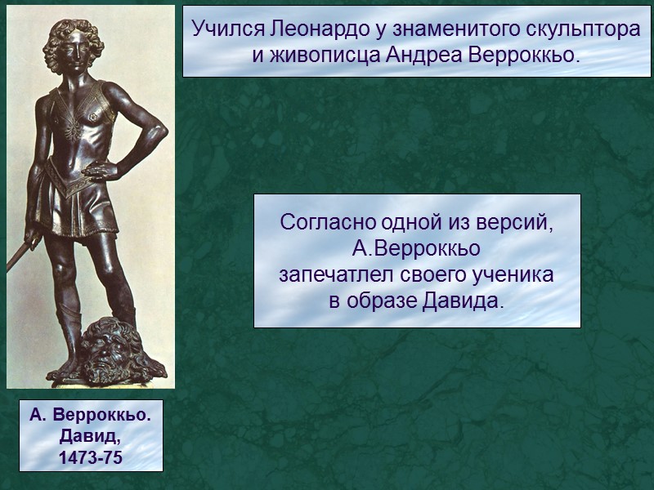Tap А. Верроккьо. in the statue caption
[90, 416]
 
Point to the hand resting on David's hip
[101, 171]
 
